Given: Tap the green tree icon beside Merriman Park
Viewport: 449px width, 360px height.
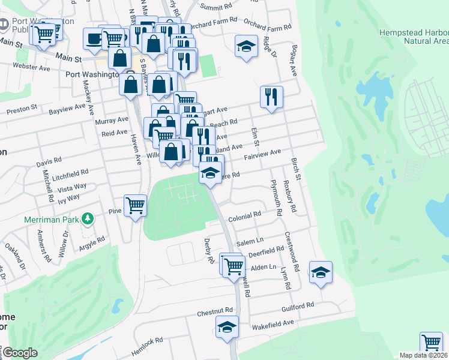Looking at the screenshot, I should pos(88,217).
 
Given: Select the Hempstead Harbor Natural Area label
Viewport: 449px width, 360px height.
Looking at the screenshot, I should pos(414,37).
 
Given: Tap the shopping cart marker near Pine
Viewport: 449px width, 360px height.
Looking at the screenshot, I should pos(136,205).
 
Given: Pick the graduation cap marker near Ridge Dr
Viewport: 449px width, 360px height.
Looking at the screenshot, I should pos(246,46).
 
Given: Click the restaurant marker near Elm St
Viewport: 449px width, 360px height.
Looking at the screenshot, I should pos(271,96).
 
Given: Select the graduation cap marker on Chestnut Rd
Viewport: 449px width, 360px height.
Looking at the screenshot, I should pos(227,327).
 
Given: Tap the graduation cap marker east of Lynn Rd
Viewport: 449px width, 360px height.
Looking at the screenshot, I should pos(321,272).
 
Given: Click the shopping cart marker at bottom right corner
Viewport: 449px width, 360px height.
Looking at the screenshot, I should pos(430,343).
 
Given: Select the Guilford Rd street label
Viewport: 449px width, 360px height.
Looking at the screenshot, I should pos(298,306).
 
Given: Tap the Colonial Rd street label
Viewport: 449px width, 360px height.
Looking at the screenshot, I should pos(244,214).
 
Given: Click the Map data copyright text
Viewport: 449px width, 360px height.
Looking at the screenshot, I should pos(424,355).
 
